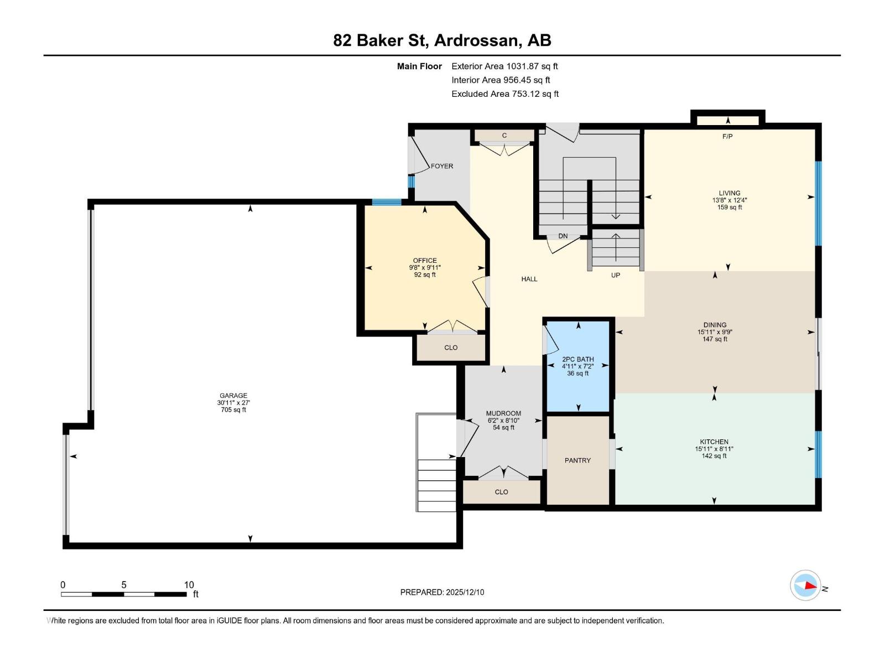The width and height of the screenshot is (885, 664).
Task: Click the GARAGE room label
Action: pos(233,396)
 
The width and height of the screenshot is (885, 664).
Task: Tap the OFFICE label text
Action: pos(425,261)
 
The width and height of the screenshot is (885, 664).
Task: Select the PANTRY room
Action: pos(577,460)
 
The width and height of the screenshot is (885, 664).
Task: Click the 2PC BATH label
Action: pos(578,359)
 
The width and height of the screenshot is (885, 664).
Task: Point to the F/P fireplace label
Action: pos(727,136)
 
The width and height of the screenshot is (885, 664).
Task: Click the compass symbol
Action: pos(805,585)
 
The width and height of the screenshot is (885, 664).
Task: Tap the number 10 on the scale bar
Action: pos(189,585)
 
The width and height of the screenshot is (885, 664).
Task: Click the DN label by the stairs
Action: pos(563,236)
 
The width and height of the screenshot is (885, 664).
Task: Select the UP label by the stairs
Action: pos(615,275)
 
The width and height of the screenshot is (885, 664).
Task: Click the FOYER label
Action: pos(442,166)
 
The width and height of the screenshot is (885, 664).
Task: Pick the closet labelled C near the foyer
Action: pos(504,136)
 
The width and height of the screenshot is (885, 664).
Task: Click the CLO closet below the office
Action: pos(451,347)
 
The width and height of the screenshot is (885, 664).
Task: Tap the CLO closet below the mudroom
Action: pos(501,492)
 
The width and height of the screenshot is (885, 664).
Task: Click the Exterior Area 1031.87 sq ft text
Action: pos(504,66)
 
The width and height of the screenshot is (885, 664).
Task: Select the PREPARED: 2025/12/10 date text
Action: pos(442,592)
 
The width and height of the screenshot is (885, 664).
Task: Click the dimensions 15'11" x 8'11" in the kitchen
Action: pos(714,449)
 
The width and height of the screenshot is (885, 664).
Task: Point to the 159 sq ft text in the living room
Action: pos(730,207)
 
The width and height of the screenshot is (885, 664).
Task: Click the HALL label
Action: pos(529,279)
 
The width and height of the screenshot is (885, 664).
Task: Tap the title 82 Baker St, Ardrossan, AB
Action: pos(442,40)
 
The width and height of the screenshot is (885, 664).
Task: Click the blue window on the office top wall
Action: pos(386,202)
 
